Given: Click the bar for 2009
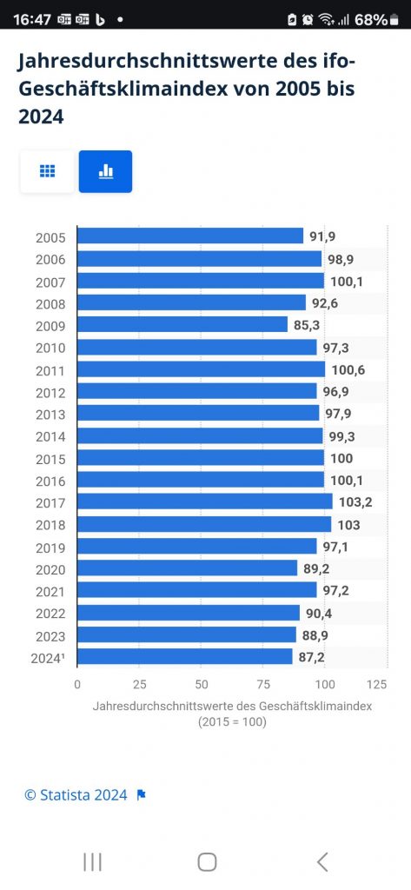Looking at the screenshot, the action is tap(182, 325).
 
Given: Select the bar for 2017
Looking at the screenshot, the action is tap(205, 501).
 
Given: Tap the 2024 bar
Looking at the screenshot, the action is tap(184, 657).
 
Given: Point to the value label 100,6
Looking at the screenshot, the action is tap(348, 370).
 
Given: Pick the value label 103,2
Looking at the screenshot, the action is tap(356, 503).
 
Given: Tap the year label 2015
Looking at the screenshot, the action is tap(50, 459).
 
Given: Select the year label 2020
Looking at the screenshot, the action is tap(50, 570).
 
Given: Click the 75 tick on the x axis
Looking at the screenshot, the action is tap(262, 685).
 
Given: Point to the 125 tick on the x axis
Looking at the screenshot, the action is tap(377, 685).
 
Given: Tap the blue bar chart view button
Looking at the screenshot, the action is tap(106, 171).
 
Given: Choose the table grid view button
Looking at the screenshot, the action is tap(47, 171).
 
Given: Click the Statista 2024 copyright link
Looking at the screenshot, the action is tap(76, 795).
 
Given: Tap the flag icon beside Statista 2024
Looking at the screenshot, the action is tap(142, 795).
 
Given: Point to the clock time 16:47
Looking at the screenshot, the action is tap(32, 19).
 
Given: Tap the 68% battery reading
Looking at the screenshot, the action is tap(371, 19).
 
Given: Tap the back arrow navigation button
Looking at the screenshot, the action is tap(322, 861).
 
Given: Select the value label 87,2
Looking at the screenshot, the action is tap(312, 659).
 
